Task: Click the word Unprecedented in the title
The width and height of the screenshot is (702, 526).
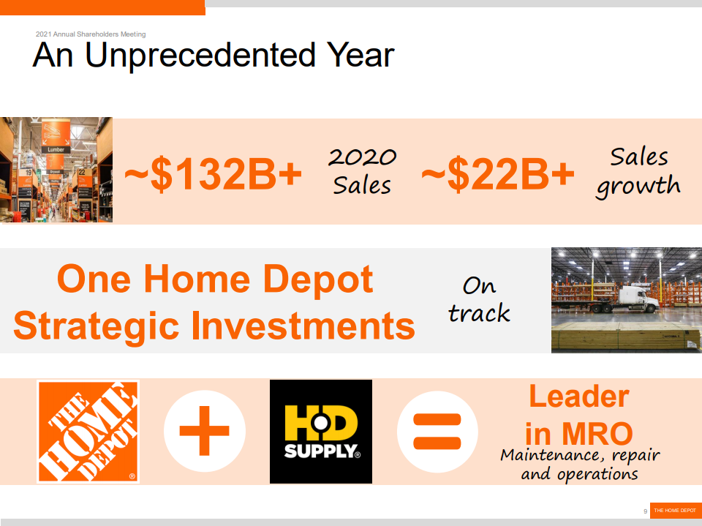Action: [200, 55]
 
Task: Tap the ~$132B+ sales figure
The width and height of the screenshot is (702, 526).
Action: [213, 174]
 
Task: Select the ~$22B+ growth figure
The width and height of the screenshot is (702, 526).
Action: [497, 174]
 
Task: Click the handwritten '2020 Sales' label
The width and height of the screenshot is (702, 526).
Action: [362, 171]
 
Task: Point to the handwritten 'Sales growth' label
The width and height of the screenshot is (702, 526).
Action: [638, 173]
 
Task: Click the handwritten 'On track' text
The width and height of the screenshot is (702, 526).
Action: [479, 298]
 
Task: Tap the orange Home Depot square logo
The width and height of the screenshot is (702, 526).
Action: [88, 432]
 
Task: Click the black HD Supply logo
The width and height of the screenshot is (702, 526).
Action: [321, 432]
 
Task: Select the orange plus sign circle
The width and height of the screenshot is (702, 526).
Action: [205, 431]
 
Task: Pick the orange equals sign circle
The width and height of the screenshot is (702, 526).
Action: [437, 432]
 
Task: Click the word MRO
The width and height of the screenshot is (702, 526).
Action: [597, 433]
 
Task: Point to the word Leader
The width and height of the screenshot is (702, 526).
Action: [579, 396]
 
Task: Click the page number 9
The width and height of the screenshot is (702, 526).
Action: [645, 511]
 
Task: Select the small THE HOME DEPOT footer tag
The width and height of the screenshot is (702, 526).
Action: [676, 511]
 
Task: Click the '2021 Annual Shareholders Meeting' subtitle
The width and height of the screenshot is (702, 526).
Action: [91, 34]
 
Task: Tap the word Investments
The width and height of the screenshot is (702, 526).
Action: [303, 326]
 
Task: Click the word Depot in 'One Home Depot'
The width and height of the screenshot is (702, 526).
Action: [317, 279]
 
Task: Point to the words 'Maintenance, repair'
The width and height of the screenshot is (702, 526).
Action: [580, 455]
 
